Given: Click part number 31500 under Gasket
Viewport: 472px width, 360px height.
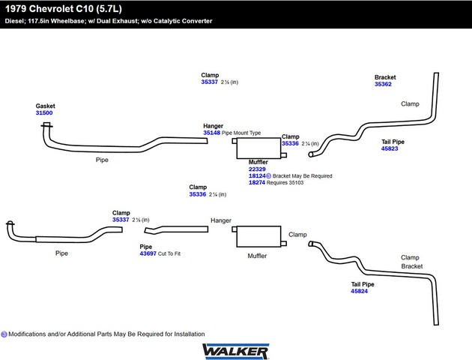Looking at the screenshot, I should click(44, 113).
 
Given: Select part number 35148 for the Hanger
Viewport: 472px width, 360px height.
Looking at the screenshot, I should click(211, 133).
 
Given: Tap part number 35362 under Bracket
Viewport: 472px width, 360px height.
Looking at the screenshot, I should click(384, 85).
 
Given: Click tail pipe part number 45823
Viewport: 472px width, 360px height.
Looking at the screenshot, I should click(390, 148).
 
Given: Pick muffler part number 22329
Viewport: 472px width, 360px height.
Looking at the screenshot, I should click(257, 169).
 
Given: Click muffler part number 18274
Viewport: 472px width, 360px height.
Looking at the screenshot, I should click(257, 183).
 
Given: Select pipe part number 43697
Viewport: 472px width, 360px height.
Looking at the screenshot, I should click(148, 253).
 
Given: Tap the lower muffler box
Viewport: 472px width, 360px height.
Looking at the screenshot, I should click(258, 237).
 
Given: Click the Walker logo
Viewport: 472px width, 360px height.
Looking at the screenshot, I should click(235, 350).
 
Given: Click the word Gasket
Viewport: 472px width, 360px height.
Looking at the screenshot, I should click(45, 106).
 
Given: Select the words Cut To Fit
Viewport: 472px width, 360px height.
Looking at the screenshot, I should click(169, 253).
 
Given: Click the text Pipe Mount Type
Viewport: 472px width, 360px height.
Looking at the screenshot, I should click(241, 133).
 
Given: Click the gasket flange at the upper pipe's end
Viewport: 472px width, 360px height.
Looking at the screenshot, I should click(46, 125).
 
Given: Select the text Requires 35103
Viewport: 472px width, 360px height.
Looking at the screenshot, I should click(287, 183).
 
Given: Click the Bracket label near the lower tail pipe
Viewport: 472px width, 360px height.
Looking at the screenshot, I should click(411, 266).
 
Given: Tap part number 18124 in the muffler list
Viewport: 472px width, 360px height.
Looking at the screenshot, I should click(257, 176).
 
